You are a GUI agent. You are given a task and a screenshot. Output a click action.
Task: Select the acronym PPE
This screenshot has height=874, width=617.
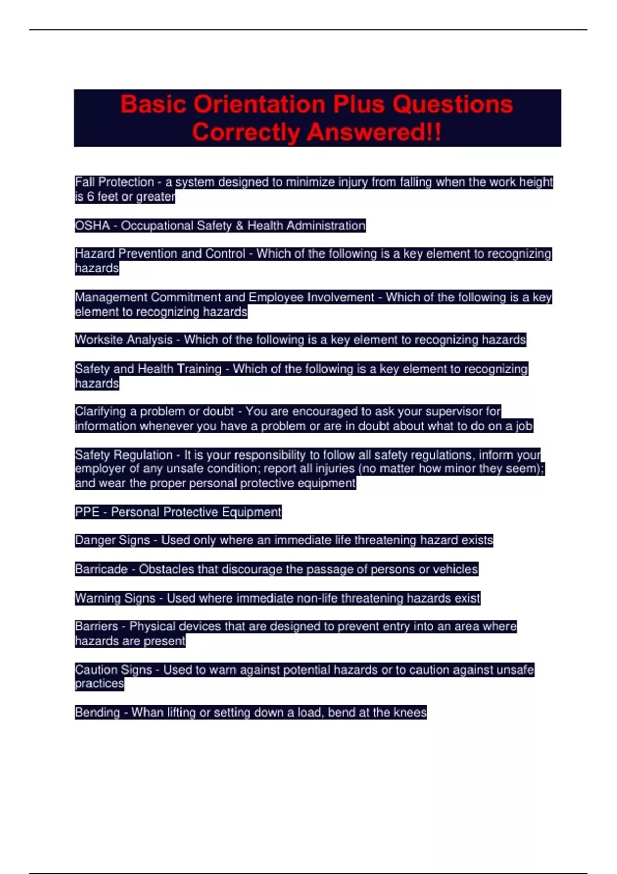pyautogui.click(x=87, y=512)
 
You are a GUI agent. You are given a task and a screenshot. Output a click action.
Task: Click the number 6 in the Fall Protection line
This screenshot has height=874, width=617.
pyautogui.click(x=90, y=197)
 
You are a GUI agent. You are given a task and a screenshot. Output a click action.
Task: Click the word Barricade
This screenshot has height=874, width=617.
pyautogui.click(x=101, y=569)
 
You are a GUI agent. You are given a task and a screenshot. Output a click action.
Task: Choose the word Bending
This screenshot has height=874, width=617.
pyautogui.click(x=97, y=713)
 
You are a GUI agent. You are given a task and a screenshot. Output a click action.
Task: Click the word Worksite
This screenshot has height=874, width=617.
pyautogui.click(x=98, y=340)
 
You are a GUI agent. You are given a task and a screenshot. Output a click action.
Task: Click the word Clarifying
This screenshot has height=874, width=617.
pyautogui.click(x=100, y=412)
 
